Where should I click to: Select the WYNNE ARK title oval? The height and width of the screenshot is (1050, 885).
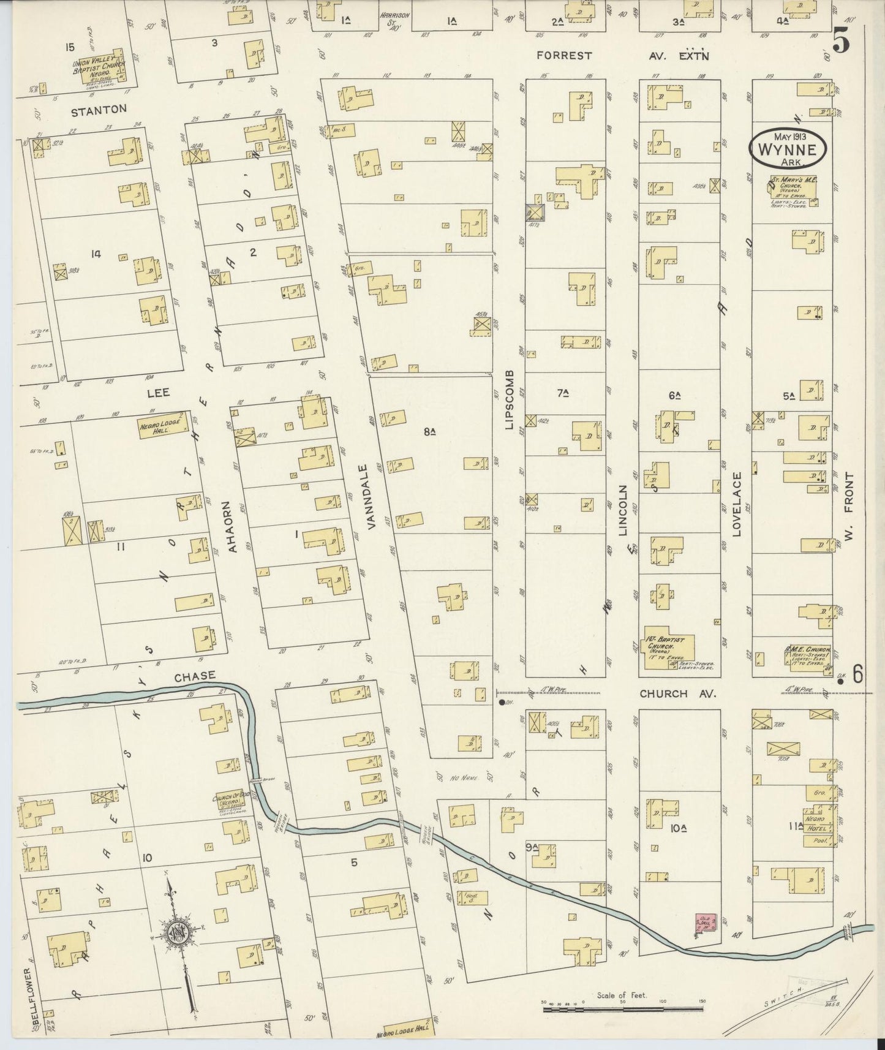point(789,148)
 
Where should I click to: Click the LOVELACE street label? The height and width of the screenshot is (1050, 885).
point(737,504)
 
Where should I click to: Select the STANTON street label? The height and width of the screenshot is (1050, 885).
point(99,110)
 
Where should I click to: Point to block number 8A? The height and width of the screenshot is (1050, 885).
point(429,432)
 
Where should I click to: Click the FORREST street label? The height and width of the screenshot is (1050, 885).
point(563,56)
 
